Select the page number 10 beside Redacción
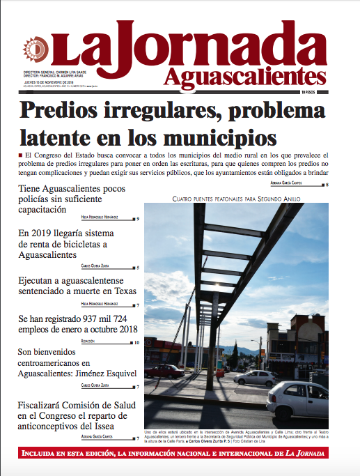tap(136, 342)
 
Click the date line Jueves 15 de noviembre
tap(42, 81)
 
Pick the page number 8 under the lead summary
tap(327, 185)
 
